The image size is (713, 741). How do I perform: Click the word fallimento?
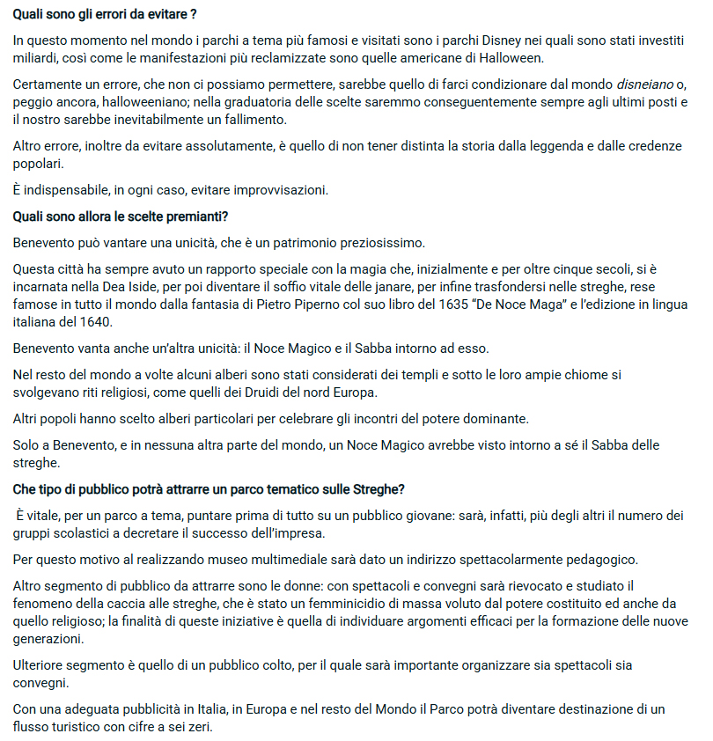[254, 120]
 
